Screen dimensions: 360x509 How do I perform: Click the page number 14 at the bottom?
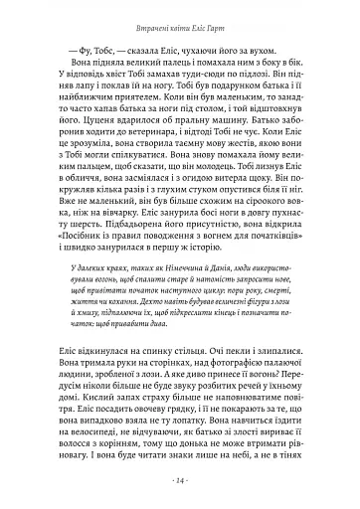(x=180, y=481)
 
